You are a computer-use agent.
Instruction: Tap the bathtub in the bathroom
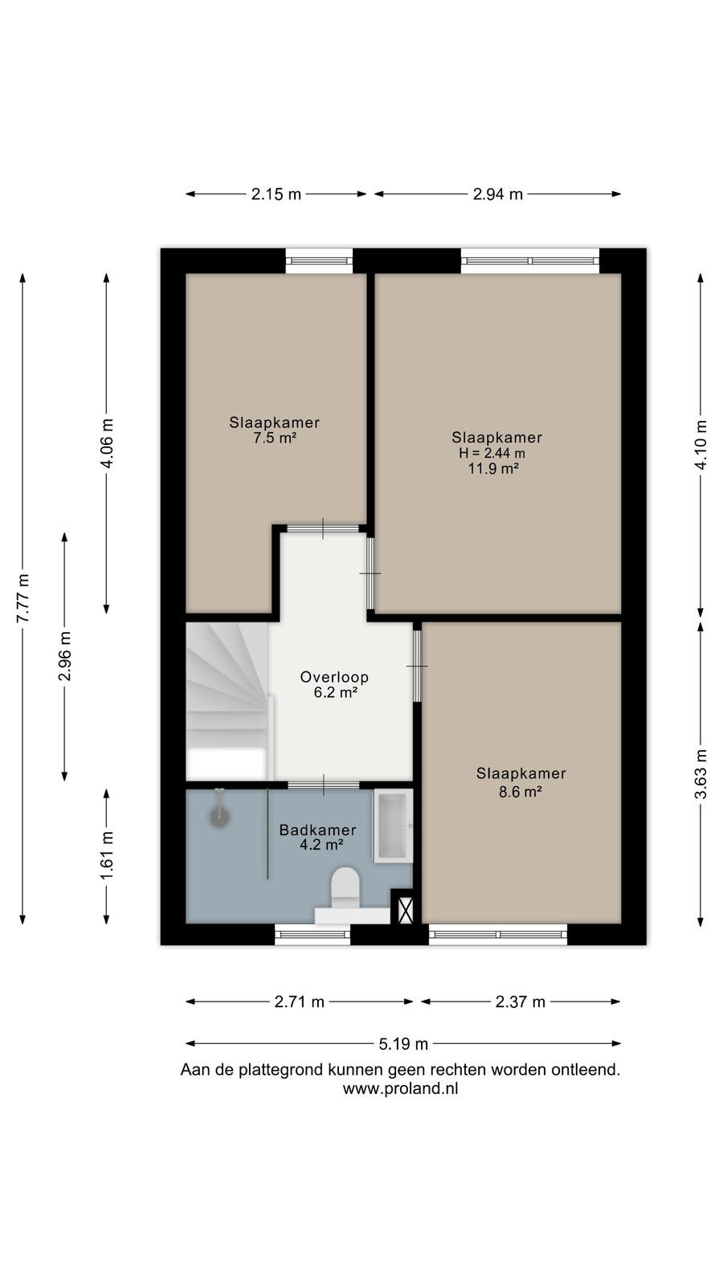[393, 826]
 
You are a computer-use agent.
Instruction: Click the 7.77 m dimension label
[23, 598]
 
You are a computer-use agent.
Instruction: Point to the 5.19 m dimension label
[403, 1043]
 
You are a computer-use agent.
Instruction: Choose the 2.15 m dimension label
[276, 194]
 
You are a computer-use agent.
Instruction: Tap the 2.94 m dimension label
[498, 194]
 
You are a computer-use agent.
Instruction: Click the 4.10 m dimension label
[701, 445]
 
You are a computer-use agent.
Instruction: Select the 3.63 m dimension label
[701, 774]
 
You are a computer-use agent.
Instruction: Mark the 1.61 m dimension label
[107, 855]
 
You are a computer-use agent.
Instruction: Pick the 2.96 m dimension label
[65, 656]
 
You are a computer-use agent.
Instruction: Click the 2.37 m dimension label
[521, 1001]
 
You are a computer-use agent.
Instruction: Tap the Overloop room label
[334, 677]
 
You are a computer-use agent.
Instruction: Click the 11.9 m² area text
[493, 469]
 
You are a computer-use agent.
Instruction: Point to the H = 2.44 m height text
[492, 453]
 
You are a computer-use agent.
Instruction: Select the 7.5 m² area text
[275, 439]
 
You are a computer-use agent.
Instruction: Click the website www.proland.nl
[401, 1088]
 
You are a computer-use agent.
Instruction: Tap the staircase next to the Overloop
[228, 702]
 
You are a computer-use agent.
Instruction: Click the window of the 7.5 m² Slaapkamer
[319, 261]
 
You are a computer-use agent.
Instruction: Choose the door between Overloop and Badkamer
[323, 785]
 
